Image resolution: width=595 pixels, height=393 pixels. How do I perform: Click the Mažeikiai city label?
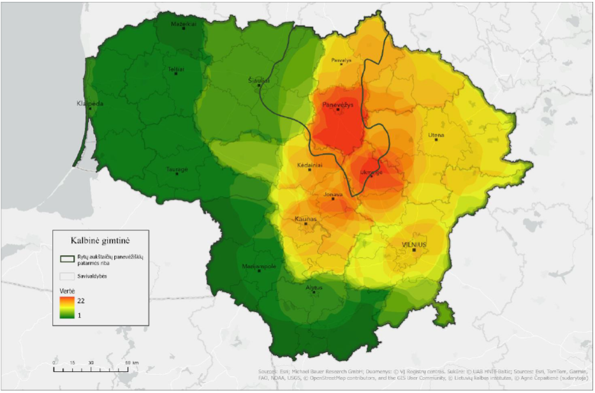pyautogui.click(x=183, y=24)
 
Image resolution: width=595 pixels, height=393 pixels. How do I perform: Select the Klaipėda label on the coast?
pyautogui.click(x=90, y=103)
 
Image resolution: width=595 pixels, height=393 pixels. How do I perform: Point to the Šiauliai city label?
pyautogui.click(x=259, y=81)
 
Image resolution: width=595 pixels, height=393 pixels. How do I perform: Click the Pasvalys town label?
pyautogui.click(x=341, y=61)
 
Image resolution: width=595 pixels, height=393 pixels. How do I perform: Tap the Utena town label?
pyautogui.click(x=436, y=135)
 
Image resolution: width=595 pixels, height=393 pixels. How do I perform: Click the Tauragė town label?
pyautogui.click(x=177, y=169)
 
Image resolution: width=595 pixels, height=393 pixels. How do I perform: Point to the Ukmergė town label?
pyautogui.click(x=371, y=172)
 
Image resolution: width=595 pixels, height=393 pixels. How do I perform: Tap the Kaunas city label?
pyautogui.click(x=306, y=219)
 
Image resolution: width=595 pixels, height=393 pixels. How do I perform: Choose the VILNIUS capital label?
pyautogui.click(x=414, y=244)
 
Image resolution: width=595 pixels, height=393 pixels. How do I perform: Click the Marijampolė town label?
pyautogui.click(x=259, y=266)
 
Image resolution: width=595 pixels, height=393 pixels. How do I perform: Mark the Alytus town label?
pyautogui.click(x=314, y=288)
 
